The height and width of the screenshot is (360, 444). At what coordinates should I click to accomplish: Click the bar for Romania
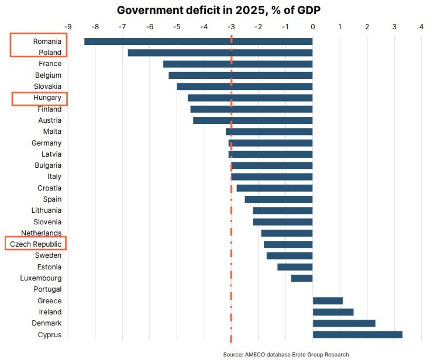[198, 41]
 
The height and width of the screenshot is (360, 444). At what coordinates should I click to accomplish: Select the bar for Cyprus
[357, 334]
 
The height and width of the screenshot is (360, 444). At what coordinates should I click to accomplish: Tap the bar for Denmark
[344, 323]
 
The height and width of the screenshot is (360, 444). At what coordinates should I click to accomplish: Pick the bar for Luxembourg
[302, 278]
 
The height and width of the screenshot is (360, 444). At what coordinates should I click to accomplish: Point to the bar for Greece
[328, 301]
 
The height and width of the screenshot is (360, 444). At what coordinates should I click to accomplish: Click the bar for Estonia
[295, 267]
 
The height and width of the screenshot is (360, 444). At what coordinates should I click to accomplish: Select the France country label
[50, 64]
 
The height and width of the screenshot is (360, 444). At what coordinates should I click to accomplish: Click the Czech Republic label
[36, 244]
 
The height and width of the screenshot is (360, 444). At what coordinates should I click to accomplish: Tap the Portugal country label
[47, 289]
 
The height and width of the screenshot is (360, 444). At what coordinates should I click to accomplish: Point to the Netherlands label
[42, 233]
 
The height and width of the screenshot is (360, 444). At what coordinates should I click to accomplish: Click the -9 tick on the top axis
[68, 26]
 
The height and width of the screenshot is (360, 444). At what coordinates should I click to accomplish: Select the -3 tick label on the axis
[231, 26]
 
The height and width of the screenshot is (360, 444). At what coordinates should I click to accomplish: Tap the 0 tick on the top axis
[313, 26]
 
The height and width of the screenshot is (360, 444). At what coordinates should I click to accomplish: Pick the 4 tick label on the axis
[421, 26]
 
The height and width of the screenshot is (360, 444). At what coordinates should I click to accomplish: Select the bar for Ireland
[333, 312]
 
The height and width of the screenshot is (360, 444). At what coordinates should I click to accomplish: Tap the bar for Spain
[278, 199]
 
